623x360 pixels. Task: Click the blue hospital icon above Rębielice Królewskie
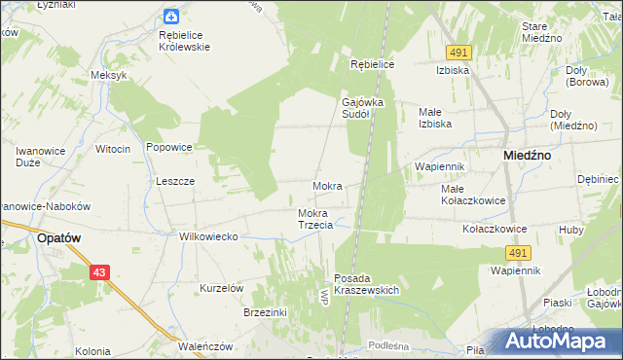171,16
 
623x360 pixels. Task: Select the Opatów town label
57,236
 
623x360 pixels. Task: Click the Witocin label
113,149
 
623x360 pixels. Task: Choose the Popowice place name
169,147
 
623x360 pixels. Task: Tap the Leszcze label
176,181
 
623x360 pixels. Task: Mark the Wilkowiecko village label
208,235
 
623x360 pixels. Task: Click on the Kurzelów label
221,288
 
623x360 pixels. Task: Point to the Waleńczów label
204,345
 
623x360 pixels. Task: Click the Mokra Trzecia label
314,219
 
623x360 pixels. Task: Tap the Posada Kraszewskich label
367,284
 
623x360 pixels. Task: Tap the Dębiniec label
598,179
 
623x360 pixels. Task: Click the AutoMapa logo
559,341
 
